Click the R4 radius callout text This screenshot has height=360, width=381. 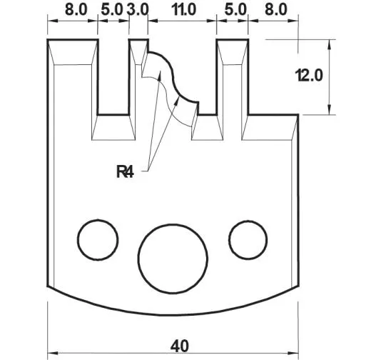(126, 171)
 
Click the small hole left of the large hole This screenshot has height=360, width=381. (97, 239)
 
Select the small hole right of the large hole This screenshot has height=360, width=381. (245, 238)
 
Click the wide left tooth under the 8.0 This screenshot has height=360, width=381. (73, 86)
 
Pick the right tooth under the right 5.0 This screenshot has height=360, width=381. (233, 86)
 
